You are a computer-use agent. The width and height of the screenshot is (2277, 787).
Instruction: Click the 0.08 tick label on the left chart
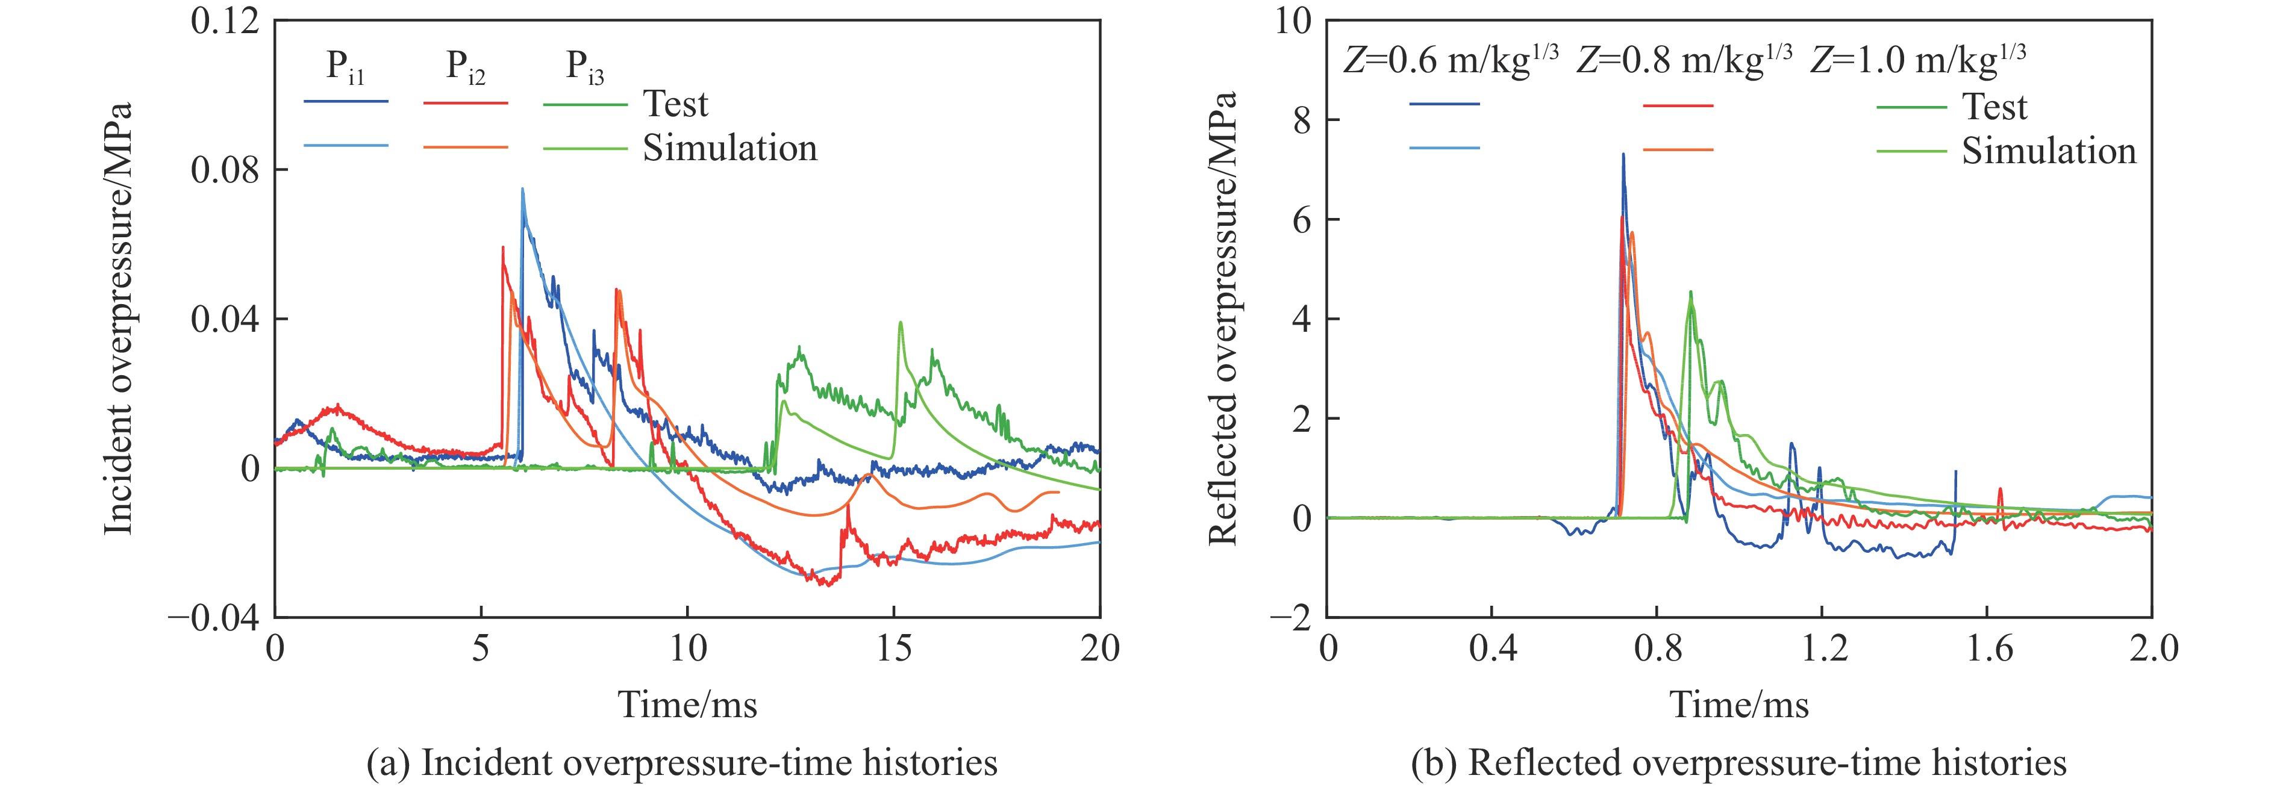(x=225, y=170)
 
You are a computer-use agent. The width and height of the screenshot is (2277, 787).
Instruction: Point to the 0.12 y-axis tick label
(x=225, y=20)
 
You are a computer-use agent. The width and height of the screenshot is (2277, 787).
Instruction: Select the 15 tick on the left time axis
(x=894, y=649)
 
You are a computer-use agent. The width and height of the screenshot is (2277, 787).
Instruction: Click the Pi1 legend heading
(x=345, y=66)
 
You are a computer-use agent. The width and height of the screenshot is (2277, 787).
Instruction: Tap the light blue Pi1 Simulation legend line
(x=346, y=146)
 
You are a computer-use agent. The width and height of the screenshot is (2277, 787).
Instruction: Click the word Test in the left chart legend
(x=675, y=104)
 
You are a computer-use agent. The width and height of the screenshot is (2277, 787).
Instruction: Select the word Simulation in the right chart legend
(x=2049, y=151)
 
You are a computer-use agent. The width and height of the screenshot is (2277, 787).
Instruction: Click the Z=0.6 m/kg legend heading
(x=1451, y=60)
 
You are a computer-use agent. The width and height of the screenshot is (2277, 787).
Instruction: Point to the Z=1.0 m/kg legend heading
(x=1918, y=60)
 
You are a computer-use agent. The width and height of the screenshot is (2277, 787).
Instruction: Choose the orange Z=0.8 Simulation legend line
(x=1678, y=149)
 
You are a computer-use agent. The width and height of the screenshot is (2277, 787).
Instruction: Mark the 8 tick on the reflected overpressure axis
(x=1302, y=120)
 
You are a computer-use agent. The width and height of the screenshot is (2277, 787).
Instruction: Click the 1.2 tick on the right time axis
(x=1823, y=649)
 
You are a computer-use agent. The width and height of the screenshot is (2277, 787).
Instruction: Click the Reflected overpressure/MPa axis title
(x=1222, y=318)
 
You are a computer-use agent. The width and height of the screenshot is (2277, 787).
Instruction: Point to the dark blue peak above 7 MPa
(x=1623, y=155)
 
